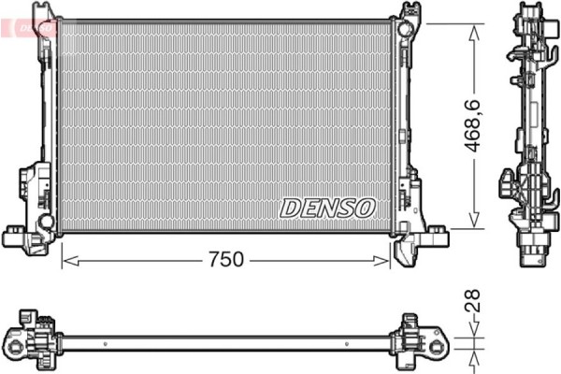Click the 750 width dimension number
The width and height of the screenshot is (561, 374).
(224, 260)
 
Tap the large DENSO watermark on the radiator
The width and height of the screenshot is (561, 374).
(327, 207)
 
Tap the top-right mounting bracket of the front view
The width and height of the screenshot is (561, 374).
(408, 19)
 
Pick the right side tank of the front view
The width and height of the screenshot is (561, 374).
(402, 122)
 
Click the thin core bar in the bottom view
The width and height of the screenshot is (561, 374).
(224, 336)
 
